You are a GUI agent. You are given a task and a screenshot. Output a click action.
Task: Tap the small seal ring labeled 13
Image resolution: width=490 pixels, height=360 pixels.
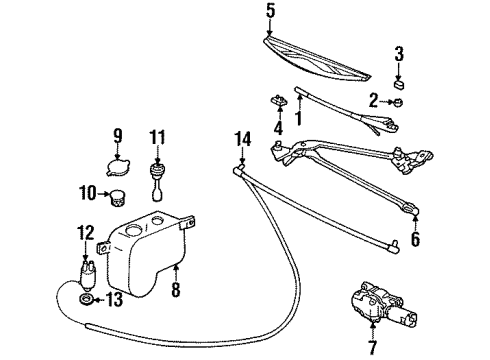click(87, 300)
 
